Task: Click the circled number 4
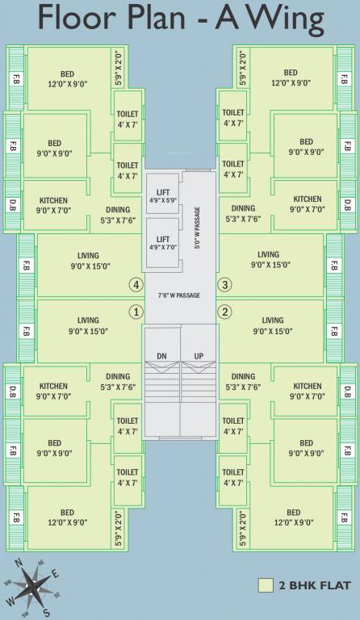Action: [136, 284]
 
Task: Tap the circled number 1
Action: [136, 312]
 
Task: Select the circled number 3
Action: [225, 284]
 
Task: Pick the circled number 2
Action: [225, 312]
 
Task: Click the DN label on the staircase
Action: [162, 356]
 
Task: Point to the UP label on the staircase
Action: [199, 356]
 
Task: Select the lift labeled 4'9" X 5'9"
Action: [162, 197]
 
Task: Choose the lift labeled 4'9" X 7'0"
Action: [162, 244]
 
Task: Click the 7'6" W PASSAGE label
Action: [178, 295]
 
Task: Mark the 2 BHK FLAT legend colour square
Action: [265, 585]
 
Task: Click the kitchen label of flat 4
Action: [53, 204]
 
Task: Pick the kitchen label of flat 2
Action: [308, 391]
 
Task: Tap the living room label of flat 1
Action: [89, 325]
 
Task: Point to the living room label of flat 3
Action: [269, 259]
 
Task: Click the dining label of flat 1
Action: [118, 381]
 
